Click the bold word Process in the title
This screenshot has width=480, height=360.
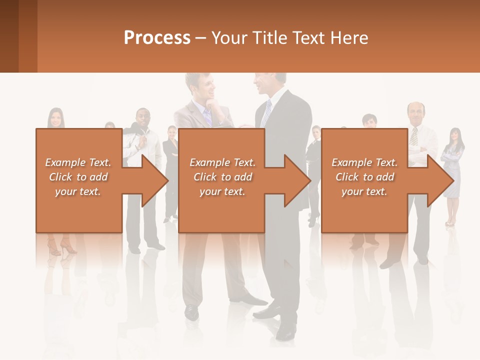[x=157, y=38]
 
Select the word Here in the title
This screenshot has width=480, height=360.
[x=349, y=38]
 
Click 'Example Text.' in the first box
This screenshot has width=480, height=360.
[x=78, y=162]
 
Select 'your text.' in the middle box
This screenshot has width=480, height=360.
[x=222, y=191]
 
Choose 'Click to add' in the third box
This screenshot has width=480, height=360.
[x=365, y=177]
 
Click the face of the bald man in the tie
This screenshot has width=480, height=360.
[x=415, y=114]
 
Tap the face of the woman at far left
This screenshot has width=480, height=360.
[x=56, y=118]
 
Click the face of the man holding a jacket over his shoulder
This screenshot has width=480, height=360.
[x=142, y=119]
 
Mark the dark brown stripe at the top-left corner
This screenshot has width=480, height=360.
[x=9, y=36]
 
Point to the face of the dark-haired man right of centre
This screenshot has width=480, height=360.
[x=368, y=123]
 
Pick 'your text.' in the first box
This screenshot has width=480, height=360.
[x=78, y=191]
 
